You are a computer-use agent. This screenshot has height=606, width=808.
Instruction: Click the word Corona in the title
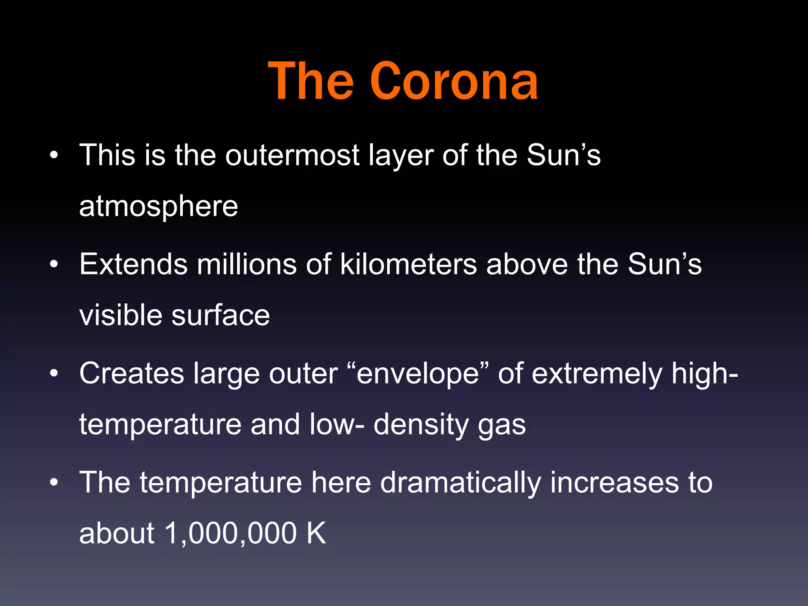(454, 82)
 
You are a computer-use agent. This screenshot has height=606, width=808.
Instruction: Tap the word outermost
(292, 155)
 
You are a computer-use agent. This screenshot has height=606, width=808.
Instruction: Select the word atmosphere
(159, 206)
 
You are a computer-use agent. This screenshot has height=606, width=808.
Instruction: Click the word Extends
(133, 264)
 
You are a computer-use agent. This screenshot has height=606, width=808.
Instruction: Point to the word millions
(247, 264)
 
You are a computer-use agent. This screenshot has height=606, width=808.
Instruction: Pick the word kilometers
(408, 264)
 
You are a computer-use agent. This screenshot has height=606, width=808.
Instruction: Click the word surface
(221, 315)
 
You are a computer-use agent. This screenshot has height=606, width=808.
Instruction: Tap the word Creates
(132, 373)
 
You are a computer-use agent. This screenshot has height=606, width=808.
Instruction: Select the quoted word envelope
(418, 374)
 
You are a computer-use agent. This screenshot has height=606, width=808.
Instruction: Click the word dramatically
(460, 483)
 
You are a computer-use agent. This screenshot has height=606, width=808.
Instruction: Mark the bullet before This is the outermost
(54, 155)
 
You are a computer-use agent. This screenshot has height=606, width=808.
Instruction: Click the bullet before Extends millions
(54, 264)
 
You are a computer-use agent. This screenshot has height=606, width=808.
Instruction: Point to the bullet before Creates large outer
(54, 373)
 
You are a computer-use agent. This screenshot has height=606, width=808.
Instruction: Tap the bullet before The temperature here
(54, 482)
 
